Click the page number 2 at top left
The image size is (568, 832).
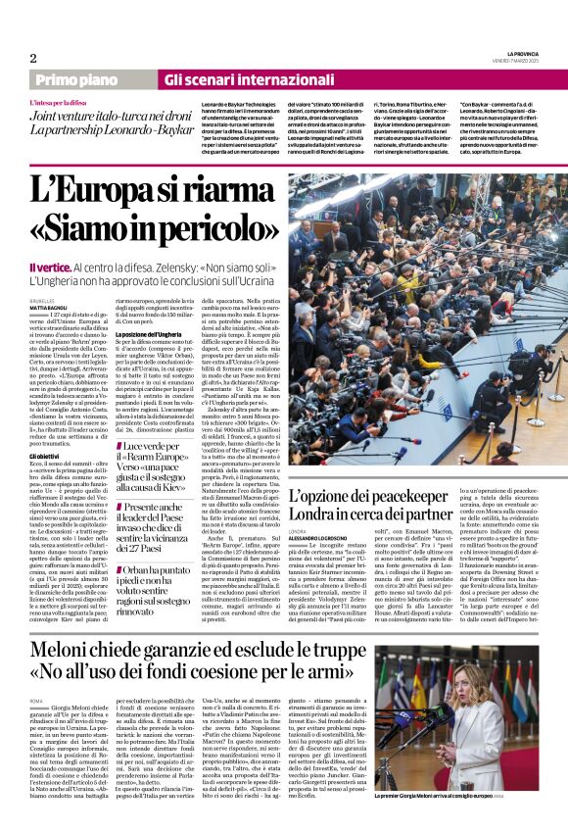point(32,58)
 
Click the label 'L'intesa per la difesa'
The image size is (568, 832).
point(63,100)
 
